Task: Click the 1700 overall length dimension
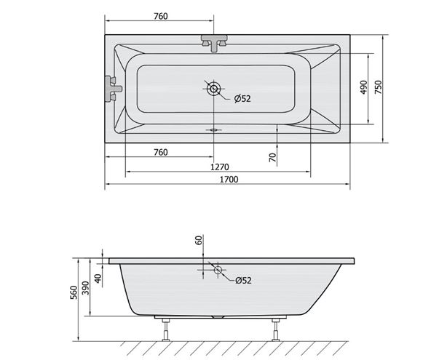point(229,180)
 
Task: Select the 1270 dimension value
point(220,167)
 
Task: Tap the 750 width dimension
point(378,87)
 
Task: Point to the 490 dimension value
point(363,87)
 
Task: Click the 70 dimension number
point(273,157)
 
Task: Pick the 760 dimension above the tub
point(161,17)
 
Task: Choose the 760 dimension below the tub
point(161,153)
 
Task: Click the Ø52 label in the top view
point(242,98)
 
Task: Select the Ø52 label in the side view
point(243,281)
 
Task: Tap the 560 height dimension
point(74,292)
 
